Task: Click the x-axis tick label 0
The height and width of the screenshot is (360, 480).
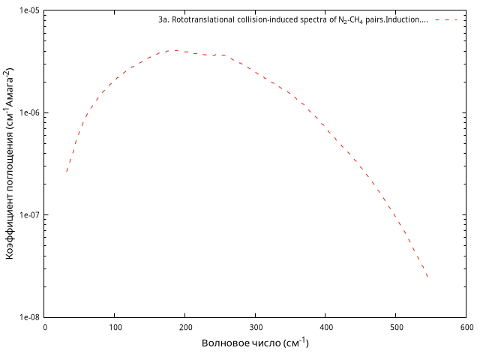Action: click(45, 327)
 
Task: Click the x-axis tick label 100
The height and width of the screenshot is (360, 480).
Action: click(115, 327)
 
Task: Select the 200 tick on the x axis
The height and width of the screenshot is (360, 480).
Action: click(185, 327)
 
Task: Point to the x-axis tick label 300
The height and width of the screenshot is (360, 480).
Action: click(256, 327)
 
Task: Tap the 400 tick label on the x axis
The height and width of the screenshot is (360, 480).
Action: click(325, 327)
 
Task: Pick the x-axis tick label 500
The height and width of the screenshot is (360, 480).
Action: click(396, 327)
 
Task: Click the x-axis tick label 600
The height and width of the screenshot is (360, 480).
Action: click(466, 327)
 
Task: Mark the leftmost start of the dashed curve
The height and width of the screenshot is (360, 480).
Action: click(66, 172)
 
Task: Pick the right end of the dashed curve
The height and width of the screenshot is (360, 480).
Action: click(427, 277)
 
